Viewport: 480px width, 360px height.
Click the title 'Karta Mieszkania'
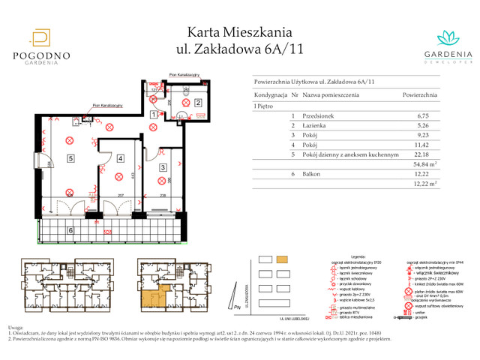239,31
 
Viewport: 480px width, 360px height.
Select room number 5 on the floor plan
70,159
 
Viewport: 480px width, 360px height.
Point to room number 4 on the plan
120,159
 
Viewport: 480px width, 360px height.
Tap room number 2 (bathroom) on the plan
198,103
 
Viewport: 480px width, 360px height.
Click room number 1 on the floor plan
153,115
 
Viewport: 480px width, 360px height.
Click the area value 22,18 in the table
425,152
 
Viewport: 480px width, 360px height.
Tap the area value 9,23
425,134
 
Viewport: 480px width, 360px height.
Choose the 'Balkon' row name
312,172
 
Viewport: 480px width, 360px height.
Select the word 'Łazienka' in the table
316,125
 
